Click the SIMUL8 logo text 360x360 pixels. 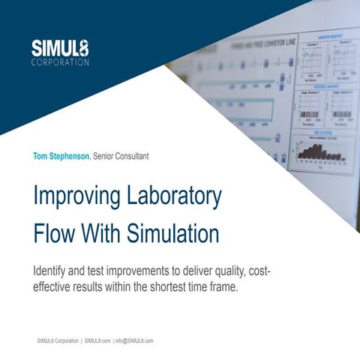point(61,48)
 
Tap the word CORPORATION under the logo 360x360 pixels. point(61,62)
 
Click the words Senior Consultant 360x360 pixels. point(121,156)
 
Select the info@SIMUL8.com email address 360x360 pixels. point(135,340)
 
